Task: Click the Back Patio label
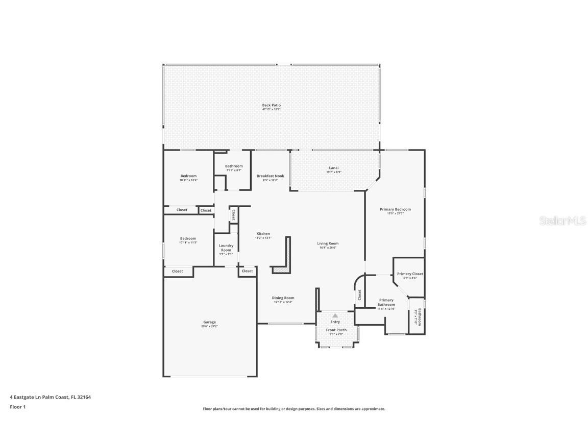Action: coord(271,105)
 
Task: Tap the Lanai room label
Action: coord(333,168)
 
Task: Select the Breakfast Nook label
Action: coord(270,176)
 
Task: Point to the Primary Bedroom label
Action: coord(395,209)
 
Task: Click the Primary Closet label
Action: coord(410,274)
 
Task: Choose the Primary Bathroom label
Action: coord(386,302)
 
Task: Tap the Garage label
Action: coord(209,322)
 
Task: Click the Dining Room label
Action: coord(283,298)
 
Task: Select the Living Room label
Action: coord(328,243)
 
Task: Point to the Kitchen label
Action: coord(263,234)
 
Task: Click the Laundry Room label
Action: coord(226,248)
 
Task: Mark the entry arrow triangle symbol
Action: coord(335,316)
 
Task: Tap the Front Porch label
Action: coord(336,330)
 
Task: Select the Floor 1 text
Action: coord(17,407)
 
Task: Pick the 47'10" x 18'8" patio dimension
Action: coord(271,110)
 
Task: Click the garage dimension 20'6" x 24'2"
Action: coord(209,326)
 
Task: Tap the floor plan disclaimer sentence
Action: coord(294,409)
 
